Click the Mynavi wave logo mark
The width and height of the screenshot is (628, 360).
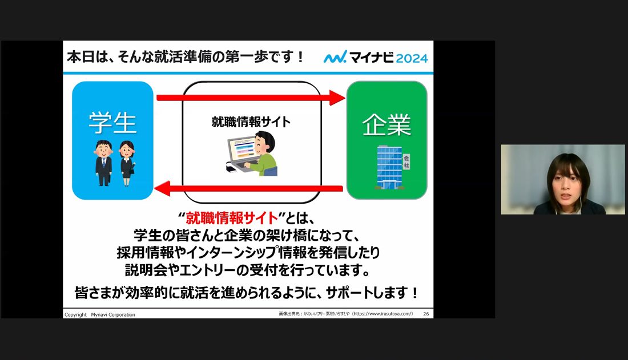(335, 57)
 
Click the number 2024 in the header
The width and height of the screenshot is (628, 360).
(412, 58)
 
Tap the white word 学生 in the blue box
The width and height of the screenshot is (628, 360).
(112, 123)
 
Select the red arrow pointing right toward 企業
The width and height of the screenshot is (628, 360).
(251, 98)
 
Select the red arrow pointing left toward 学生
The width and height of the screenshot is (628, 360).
(248, 188)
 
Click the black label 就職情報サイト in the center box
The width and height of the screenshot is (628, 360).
(251, 122)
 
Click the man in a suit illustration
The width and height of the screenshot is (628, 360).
(103, 163)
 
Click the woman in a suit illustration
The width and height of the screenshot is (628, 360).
(127, 163)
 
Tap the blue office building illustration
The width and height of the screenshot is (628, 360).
(389, 167)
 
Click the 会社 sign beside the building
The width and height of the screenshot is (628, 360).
(406, 162)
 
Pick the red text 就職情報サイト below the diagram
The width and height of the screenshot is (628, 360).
(232, 219)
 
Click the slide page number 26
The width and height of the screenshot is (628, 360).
(426, 314)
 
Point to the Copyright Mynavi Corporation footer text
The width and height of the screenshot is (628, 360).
(100, 315)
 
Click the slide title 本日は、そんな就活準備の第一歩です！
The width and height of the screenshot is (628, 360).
(186, 57)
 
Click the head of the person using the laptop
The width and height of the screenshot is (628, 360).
(265, 143)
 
